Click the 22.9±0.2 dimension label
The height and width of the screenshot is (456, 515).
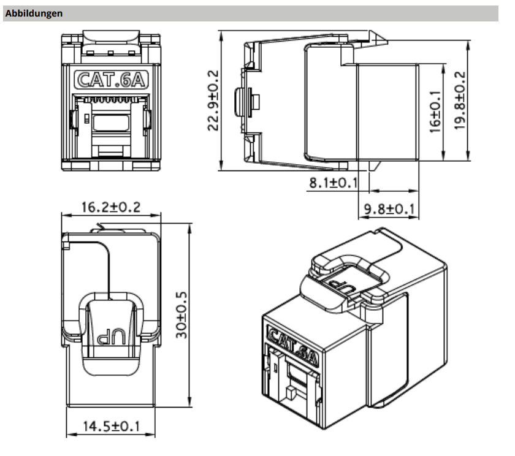[x=212, y=100]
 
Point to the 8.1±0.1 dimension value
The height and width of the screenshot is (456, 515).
[x=333, y=182]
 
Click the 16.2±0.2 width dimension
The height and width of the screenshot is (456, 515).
[x=110, y=207]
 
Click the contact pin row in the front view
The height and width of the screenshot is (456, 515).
[x=110, y=98]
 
